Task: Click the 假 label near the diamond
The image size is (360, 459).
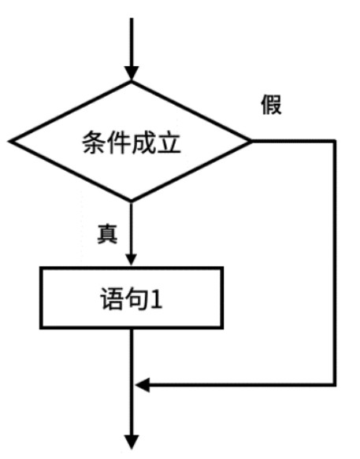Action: [271, 105]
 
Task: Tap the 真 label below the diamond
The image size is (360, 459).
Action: [107, 234]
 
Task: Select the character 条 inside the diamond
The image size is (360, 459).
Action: [94, 142]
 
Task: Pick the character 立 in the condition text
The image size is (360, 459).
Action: [169, 142]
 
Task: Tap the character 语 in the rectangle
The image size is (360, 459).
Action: [112, 298]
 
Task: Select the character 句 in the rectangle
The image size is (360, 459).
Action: [136, 298]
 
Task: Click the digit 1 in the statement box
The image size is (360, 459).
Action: [156, 298]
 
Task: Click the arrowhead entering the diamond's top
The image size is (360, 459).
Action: [132, 73]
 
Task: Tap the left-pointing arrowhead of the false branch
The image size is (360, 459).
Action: [143, 384]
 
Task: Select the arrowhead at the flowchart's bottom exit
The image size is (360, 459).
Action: [132, 442]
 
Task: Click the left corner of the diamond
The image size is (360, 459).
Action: [9, 141]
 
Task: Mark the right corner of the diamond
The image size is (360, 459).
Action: [251, 141]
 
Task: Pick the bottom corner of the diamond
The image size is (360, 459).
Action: [132, 201]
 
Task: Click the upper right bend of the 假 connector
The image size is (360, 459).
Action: [334, 141]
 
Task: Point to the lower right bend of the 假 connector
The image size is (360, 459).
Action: [334, 384]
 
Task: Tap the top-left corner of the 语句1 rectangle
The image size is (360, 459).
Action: [41, 268]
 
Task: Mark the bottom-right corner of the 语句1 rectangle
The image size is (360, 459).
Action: [222, 328]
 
